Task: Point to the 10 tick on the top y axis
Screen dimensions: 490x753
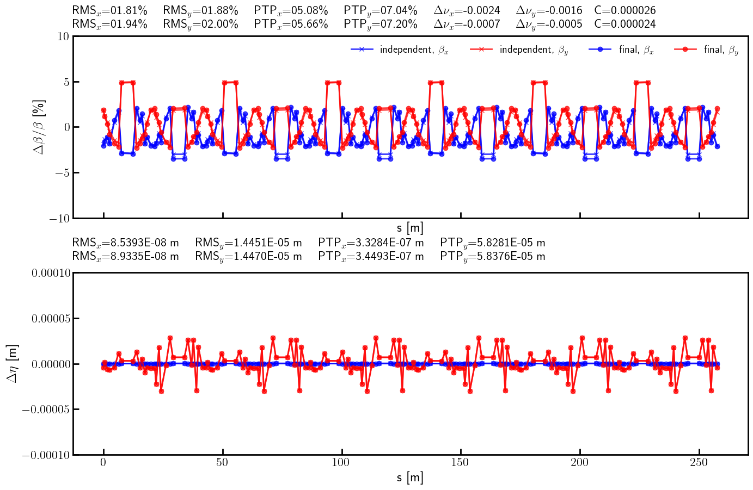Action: (63, 36)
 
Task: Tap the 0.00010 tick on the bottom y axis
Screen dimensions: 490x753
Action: (51, 273)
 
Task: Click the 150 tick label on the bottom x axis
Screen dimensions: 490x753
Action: (461, 463)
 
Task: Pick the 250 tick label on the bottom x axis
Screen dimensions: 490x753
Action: (699, 463)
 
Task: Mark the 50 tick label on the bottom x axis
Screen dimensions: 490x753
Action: (222, 463)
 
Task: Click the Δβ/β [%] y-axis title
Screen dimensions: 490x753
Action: (39, 127)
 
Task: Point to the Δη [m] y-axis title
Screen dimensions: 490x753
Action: (13, 363)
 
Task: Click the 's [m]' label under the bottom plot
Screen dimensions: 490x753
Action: (410, 478)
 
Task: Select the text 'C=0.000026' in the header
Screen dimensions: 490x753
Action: (625, 10)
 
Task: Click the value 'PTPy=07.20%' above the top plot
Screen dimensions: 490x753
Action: (381, 24)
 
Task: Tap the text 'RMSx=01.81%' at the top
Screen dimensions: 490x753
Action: (109, 10)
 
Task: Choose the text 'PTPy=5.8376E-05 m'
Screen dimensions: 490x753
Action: (492, 256)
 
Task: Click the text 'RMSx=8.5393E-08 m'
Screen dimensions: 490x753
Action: (125, 243)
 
